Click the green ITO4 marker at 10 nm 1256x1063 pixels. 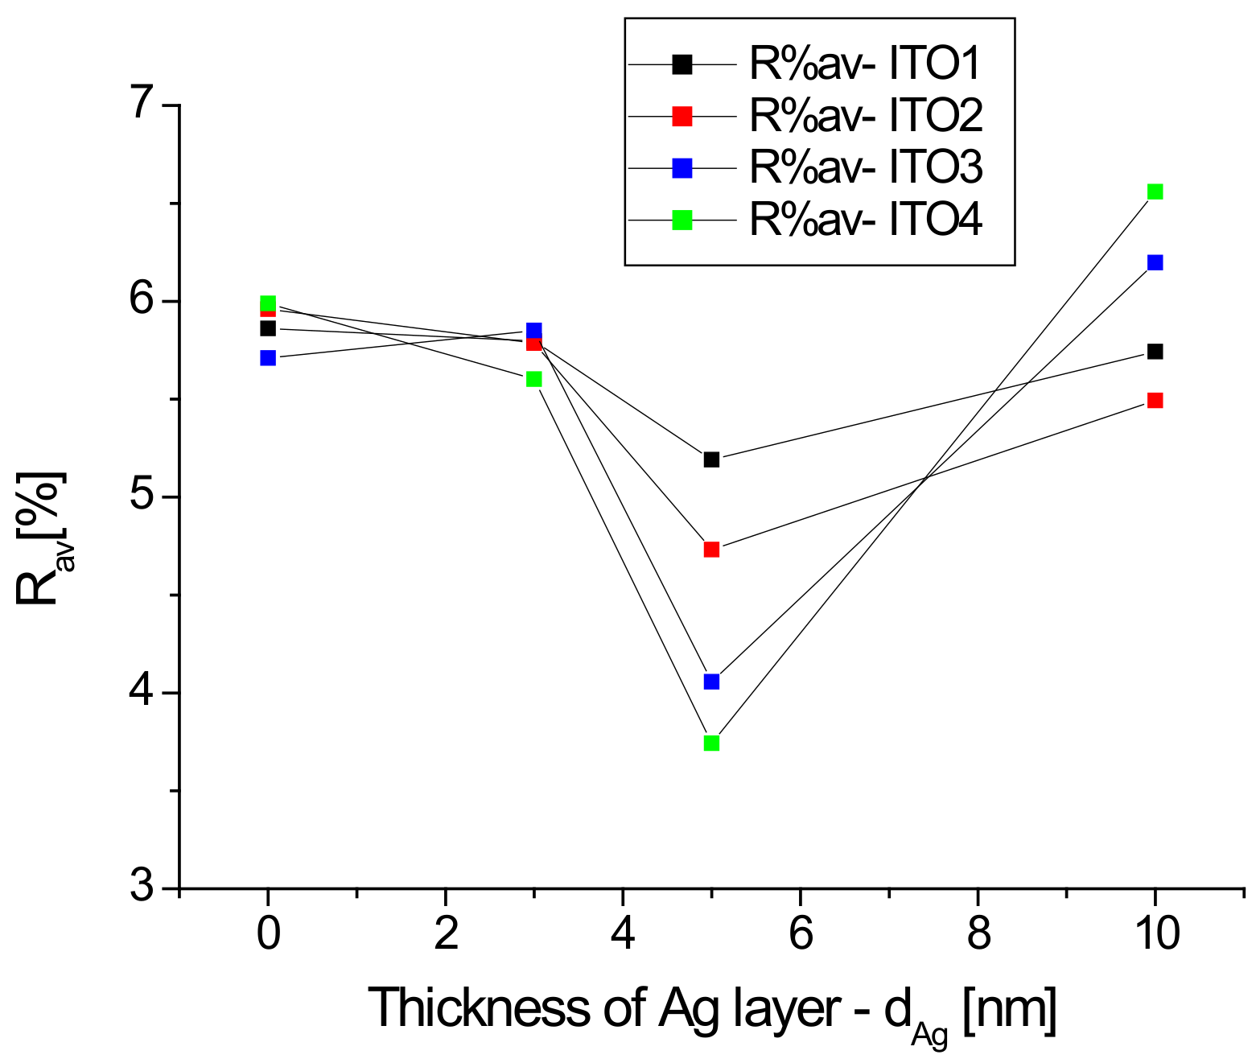pyautogui.click(x=1155, y=192)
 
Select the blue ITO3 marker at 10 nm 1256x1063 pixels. pyautogui.click(x=1155, y=262)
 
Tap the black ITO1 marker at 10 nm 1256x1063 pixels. pyautogui.click(x=1155, y=352)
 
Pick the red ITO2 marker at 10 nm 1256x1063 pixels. pyautogui.click(x=1155, y=400)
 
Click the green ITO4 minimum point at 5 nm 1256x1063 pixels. pyautogui.click(x=711, y=743)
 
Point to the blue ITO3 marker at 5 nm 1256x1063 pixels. pyautogui.click(x=711, y=682)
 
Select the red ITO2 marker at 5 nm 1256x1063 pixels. pyautogui.click(x=711, y=550)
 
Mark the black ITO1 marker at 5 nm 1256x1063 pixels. pyautogui.click(x=711, y=459)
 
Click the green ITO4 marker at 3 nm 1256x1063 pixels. pyautogui.click(x=533, y=379)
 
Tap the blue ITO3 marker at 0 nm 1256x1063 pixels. pyautogui.click(x=268, y=357)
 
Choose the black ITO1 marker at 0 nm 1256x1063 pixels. pyautogui.click(x=268, y=328)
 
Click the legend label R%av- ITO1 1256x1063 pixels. pyautogui.click(x=865, y=65)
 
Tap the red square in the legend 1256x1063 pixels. pyautogui.click(x=682, y=117)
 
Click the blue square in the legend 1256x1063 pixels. pyautogui.click(x=682, y=168)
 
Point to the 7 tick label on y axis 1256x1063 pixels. pyautogui.click(x=145, y=105)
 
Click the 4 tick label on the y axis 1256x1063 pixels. pyautogui.click(x=145, y=692)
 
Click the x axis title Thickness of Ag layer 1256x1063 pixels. pyautogui.click(x=712, y=1008)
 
